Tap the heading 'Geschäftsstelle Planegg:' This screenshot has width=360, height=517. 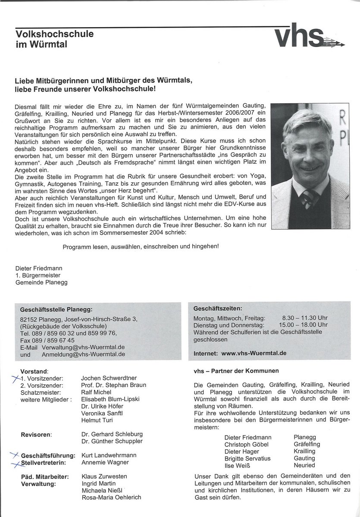pos(56,309)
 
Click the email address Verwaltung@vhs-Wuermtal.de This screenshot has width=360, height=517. pos(84,347)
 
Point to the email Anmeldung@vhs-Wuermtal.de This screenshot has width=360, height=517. pos(83,354)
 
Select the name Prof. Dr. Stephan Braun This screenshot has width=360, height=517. pos(113,385)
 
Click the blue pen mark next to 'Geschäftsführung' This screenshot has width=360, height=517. pos(16,455)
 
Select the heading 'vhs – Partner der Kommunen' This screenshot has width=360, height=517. pos(236,371)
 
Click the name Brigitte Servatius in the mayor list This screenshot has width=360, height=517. pos(247,458)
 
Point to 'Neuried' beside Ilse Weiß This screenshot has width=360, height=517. pos(304,465)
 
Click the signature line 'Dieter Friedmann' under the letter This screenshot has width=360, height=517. pos(39,268)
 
